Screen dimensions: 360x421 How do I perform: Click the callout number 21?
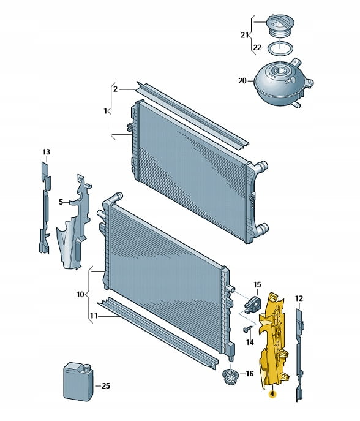click(244, 35)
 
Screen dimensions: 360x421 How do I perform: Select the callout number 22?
click(257, 48)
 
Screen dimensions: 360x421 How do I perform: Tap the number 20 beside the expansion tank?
click(242, 80)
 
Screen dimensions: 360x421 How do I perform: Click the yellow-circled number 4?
click(272, 394)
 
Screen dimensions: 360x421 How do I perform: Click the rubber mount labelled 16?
click(230, 376)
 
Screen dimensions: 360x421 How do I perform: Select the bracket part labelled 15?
click(253, 304)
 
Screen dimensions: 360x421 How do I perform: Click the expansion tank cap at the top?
click(280, 26)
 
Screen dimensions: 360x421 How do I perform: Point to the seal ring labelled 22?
click(280, 48)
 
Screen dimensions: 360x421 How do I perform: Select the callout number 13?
click(46, 152)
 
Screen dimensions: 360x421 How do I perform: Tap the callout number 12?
click(299, 298)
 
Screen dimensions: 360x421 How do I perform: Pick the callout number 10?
click(80, 295)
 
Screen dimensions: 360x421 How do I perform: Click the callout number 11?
click(93, 316)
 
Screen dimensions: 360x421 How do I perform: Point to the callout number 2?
click(115, 89)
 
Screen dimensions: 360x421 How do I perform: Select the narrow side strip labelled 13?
click(45, 208)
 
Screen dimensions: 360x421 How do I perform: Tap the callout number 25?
click(106, 386)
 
